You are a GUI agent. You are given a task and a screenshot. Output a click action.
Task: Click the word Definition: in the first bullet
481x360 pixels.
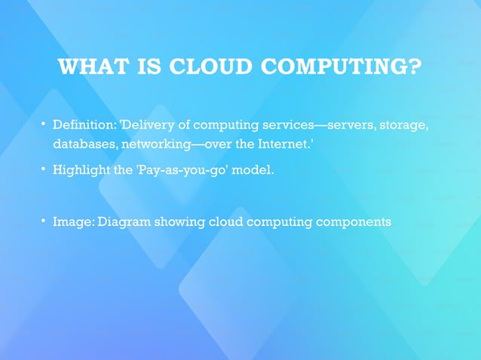[83, 124]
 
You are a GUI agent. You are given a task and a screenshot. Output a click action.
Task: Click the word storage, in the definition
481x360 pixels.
[403, 124]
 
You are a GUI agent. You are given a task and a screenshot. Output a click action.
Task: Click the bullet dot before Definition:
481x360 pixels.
[44, 123]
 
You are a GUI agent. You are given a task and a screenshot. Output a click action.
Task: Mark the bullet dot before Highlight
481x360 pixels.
[44, 169]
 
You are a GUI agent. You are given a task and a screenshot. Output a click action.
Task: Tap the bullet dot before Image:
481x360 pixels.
[44, 221]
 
